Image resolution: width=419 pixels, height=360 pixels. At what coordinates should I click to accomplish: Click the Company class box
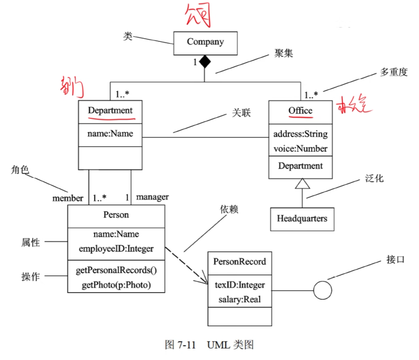(x=205, y=42)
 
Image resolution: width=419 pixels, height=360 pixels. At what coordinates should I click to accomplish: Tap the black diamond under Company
(x=204, y=62)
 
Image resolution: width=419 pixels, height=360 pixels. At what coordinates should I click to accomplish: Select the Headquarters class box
(x=302, y=219)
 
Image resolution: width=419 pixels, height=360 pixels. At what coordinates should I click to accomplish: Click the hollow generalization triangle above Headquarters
(x=302, y=185)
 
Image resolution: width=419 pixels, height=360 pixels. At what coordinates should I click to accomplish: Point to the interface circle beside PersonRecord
(x=323, y=290)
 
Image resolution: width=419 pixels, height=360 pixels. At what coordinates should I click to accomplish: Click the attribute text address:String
(x=301, y=134)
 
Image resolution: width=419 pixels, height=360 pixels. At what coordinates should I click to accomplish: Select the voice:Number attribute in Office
(x=301, y=148)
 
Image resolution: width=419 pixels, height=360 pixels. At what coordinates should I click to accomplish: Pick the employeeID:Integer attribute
(x=116, y=249)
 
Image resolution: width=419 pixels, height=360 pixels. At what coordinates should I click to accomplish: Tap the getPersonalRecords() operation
(x=116, y=270)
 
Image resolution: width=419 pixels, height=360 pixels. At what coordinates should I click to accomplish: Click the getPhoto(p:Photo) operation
(x=116, y=284)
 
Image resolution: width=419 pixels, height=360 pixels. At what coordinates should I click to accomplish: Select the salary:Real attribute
(x=240, y=299)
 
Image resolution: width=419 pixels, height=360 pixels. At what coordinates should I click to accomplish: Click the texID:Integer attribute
(x=240, y=285)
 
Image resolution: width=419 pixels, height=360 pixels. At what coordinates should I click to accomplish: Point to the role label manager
(x=152, y=197)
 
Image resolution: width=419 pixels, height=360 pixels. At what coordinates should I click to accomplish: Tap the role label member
(x=68, y=198)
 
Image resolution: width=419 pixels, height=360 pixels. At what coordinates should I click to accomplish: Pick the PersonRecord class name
(x=240, y=262)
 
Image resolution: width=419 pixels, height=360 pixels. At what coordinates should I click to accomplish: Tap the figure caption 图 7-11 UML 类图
(x=209, y=345)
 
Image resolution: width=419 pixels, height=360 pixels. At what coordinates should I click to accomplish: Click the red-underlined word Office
(x=301, y=111)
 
